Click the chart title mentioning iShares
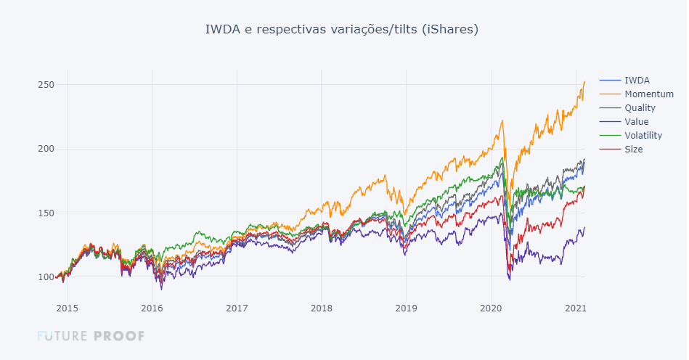(x=342, y=30)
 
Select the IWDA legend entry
(x=637, y=80)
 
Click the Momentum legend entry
(x=648, y=94)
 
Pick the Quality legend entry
(x=640, y=107)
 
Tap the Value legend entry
(x=637, y=121)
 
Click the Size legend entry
(x=633, y=149)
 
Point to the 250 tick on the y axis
(x=46, y=85)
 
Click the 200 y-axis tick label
(x=46, y=149)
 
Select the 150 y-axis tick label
(x=46, y=213)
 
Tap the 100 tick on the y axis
(x=46, y=277)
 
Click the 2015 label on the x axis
(x=67, y=308)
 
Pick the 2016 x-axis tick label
(x=152, y=308)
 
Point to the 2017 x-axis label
(x=237, y=308)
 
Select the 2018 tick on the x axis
(x=322, y=308)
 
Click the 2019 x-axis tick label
(x=406, y=308)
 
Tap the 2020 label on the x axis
(x=491, y=308)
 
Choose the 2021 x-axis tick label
(x=576, y=308)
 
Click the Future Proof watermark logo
(x=91, y=336)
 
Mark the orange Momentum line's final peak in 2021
(x=584, y=82)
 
